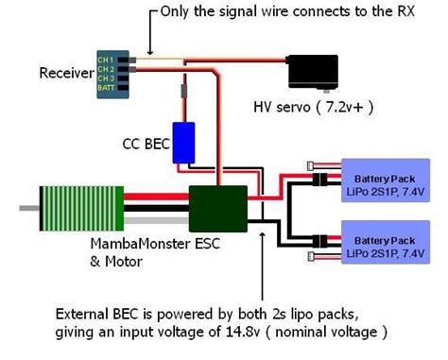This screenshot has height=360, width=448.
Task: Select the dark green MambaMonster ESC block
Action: click(x=218, y=206)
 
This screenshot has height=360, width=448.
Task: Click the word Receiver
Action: click(x=66, y=73)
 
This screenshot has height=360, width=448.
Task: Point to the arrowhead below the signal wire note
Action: click(x=149, y=47)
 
